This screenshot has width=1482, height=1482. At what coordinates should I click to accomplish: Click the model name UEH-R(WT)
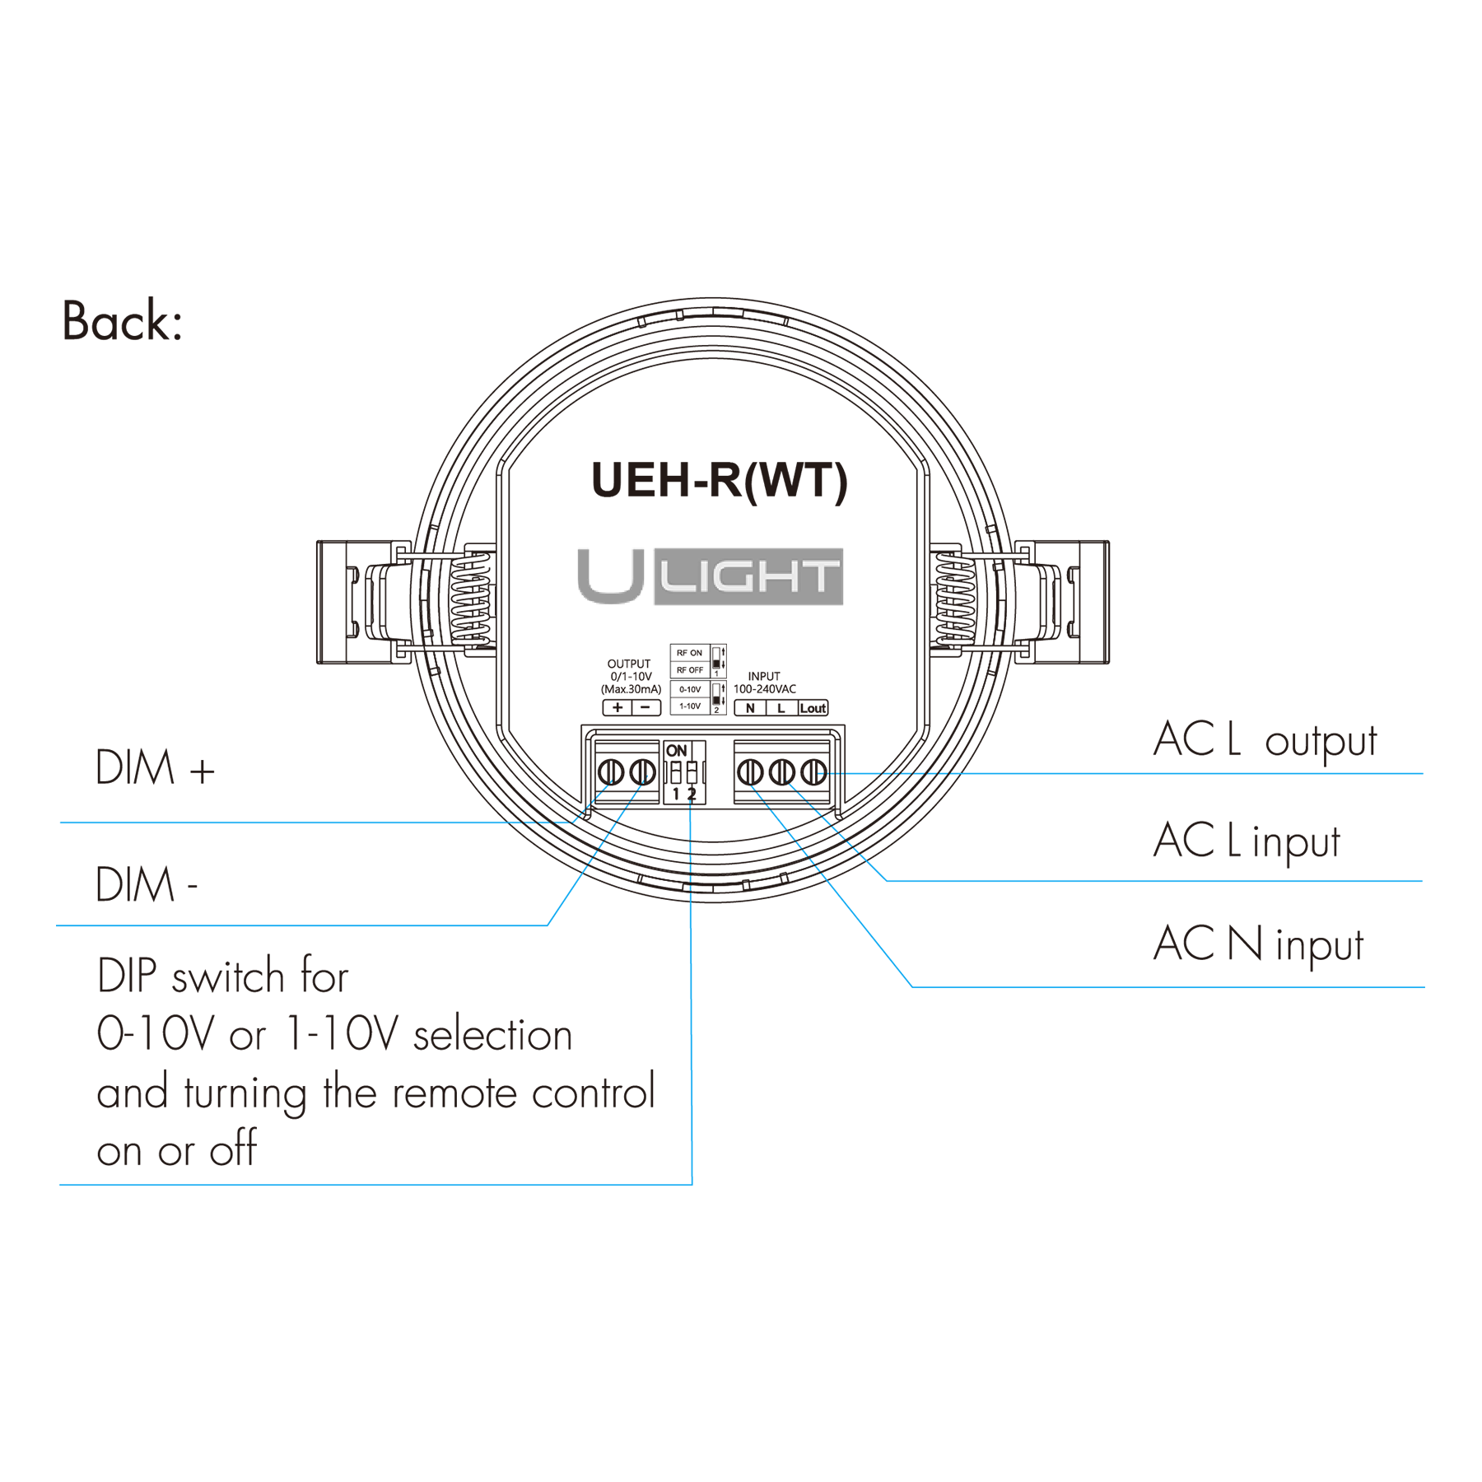pyautogui.click(x=719, y=481)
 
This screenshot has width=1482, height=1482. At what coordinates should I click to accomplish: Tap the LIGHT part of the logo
pyautogui.click(x=748, y=576)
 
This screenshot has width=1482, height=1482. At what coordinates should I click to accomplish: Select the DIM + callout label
pyautogui.click(x=155, y=767)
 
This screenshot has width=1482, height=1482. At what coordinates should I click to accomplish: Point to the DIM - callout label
pyautogui.click(x=147, y=884)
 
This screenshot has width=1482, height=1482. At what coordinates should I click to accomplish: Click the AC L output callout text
pyautogui.click(x=1265, y=739)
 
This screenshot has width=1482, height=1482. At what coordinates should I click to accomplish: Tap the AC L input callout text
pyautogui.click(x=1247, y=841)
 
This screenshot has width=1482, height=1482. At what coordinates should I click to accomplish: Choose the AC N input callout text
pyautogui.click(x=1258, y=944)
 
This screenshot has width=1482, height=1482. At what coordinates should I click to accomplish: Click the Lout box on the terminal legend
pyautogui.click(x=813, y=708)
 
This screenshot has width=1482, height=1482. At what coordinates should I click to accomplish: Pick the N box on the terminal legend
pyautogui.click(x=750, y=708)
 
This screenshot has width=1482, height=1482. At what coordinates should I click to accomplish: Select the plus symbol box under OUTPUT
pyautogui.click(x=617, y=707)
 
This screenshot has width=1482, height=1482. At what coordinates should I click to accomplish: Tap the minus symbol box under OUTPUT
pyautogui.click(x=646, y=707)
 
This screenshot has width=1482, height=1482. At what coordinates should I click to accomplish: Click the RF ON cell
pyautogui.click(x=690, y=653)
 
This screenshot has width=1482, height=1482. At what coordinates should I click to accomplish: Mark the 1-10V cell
pyautogui.click(x=690, y=706)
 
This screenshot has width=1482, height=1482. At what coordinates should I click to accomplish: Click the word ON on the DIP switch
pyautogui.click(x=676, y=751)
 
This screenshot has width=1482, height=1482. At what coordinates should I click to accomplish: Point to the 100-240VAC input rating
pyautogui.click(x=765, y=689)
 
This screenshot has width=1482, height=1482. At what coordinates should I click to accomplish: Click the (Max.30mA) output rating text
pyautogui.click(x=631, y=689)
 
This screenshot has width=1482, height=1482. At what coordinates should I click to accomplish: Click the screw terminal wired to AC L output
pyautogui.click(x=813, y=772)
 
